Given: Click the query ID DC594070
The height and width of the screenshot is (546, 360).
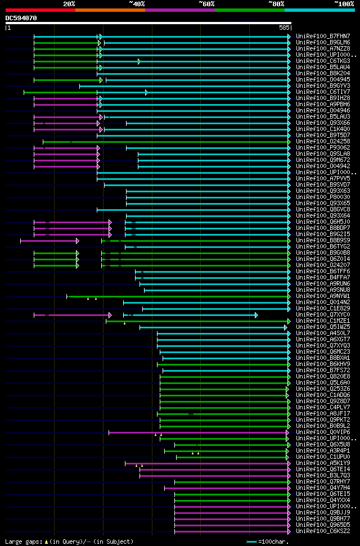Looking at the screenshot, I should click(x=21, y=18).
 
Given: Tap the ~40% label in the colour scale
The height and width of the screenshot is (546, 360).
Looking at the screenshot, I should click(x=137, y=3).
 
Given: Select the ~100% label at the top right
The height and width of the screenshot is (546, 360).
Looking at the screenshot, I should click(x=344, y=3).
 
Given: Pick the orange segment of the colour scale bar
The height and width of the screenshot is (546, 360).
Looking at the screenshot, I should click(x=110, y=10).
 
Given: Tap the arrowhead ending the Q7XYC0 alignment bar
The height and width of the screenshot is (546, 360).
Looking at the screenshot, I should click(x=256, y=315).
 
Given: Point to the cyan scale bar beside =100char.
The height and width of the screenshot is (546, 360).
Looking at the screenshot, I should click(x=251, y=542).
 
